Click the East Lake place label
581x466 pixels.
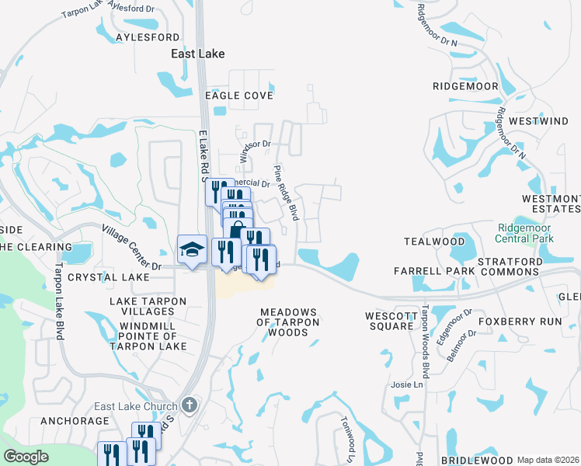(x=198, y=54)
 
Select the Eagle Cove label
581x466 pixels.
(x=238, y=96)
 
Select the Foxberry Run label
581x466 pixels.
(x=530, y=321)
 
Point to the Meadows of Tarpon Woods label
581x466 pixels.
(x=288, y=322)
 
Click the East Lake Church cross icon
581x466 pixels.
(x=189, y=405)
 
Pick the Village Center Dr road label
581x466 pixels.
(x=131, y=248)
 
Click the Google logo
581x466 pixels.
(x=26, y=457)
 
